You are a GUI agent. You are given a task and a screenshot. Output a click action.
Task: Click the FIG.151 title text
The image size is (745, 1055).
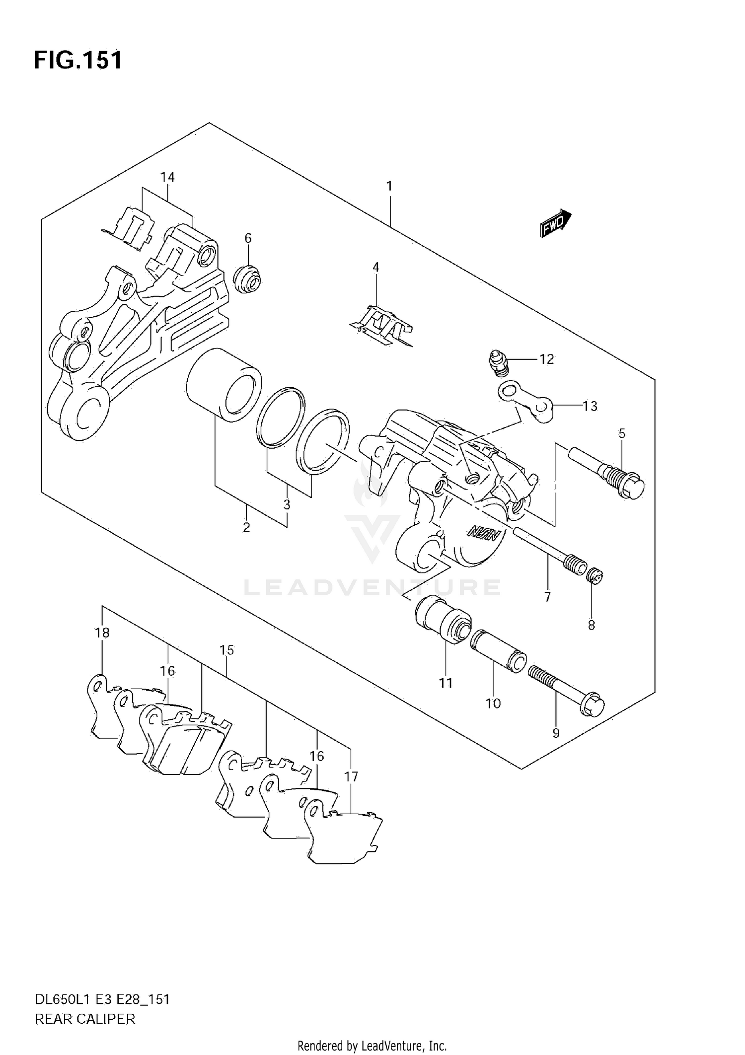(78, 61)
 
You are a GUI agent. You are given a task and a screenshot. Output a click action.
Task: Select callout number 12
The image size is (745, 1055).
(546, 359)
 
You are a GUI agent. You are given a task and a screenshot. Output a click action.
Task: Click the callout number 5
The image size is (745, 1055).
(622, 433)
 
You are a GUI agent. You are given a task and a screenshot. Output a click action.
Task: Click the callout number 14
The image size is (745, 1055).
(168, 177)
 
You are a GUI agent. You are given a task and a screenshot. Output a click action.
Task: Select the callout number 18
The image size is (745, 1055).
(102, 633)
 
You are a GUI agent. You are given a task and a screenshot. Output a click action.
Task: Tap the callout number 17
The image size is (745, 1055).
(351, 776)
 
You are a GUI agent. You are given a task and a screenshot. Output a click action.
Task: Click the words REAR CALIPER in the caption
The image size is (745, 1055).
(85, 1019)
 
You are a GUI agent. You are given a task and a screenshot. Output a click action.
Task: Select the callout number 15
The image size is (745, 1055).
(226, 650)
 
